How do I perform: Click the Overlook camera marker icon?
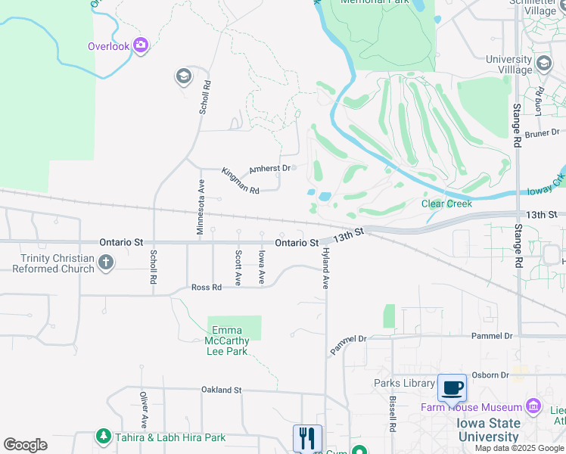(141, 45)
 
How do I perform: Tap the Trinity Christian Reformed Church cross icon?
(106, 263)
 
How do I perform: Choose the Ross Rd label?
(206, 288)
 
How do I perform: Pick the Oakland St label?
(221, 390)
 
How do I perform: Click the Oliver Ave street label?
(143, 409)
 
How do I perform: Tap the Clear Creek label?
(446, 204)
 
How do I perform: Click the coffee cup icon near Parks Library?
(452, 388)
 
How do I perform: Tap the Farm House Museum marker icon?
(535, 407)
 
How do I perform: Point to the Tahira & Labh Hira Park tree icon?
(104, 437)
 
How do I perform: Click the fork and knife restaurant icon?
(307, 438)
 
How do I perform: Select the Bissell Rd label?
(393, 413)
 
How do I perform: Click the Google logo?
(25, 445)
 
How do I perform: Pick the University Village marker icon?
(543, 63)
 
